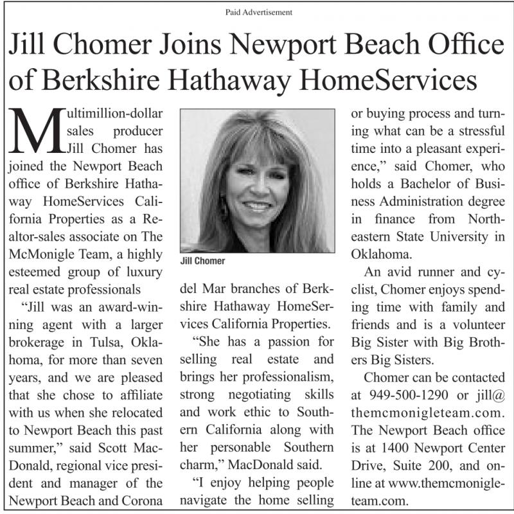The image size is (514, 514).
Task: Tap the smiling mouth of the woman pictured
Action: [x=256, y=206]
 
